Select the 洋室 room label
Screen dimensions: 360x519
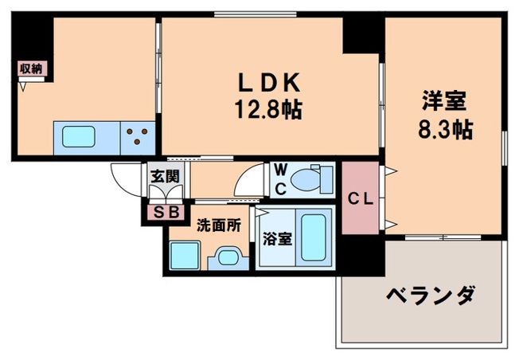(x=443, y=103)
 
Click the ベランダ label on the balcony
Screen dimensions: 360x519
(x=431, y=296)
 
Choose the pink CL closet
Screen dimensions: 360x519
(x=360, y=198)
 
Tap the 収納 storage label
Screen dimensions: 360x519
(x=31, y=68)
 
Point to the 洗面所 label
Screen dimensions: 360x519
(x=218, y=225)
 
